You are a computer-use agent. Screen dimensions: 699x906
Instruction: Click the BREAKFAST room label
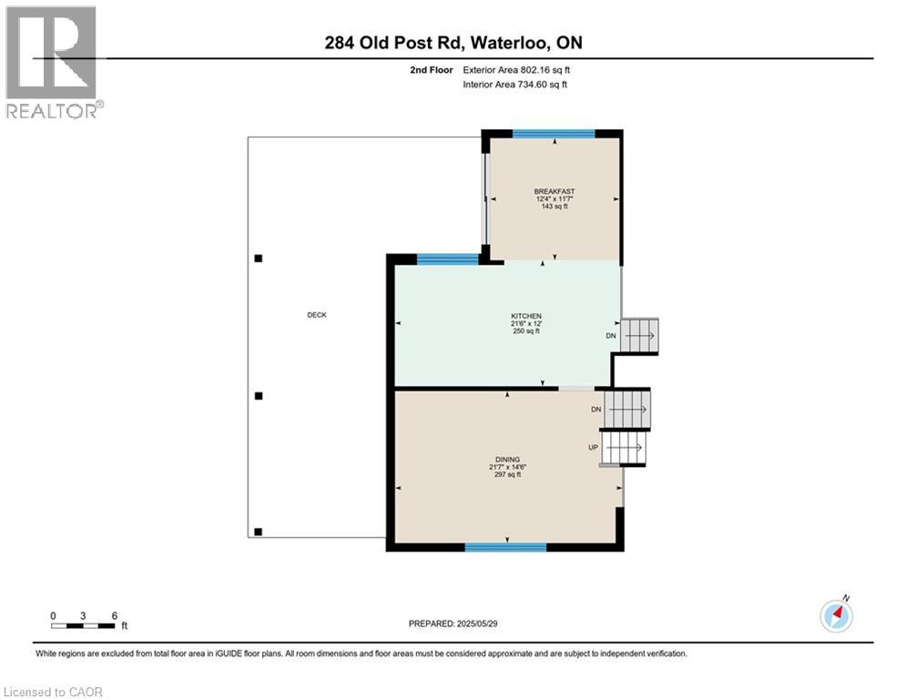tap(554, 191)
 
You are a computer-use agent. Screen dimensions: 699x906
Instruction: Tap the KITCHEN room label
tap(526, 316)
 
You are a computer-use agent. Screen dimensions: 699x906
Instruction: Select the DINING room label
tap(507, 460)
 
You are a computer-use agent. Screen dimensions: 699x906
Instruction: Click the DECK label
tap(316, 315)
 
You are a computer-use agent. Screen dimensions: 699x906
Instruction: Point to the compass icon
tap(836, 616)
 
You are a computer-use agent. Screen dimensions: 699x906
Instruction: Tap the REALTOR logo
tap(51, 62)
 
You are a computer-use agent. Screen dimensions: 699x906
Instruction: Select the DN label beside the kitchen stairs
tap(611, 336)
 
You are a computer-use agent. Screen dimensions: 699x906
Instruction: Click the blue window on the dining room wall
tap(505, 547)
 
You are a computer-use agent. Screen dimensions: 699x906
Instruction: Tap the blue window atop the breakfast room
tap(554, 134)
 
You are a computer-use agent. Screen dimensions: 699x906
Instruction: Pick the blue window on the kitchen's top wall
tap(447, 259)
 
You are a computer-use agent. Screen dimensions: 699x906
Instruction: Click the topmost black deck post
tap(259, 258)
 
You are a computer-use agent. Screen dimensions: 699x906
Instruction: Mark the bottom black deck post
tap(259, 532)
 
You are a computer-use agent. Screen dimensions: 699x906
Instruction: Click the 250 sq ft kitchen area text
tap(525, 331)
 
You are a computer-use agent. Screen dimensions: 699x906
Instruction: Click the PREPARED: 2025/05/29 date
tap(454, 623)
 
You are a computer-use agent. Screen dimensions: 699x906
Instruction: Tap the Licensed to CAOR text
tap(55, 692)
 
